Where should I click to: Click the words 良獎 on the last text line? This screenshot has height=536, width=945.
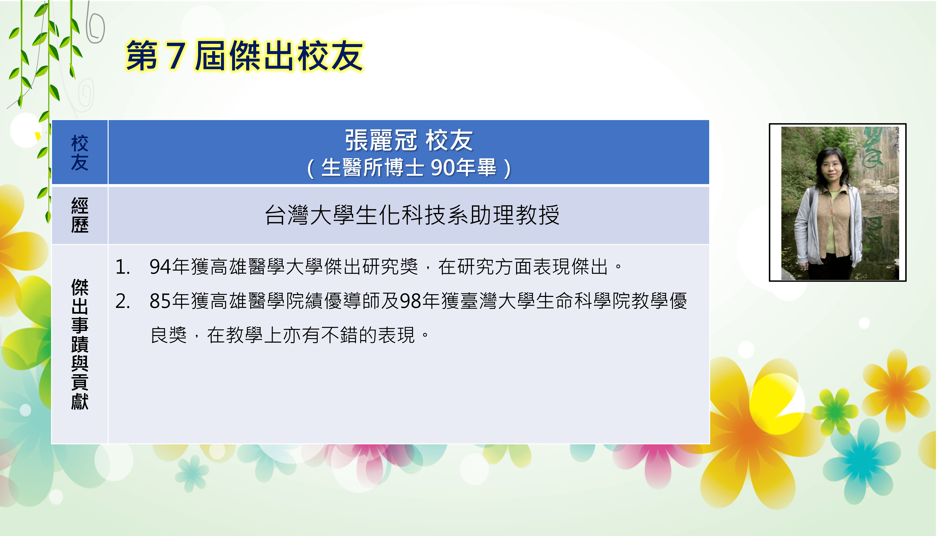(x=169, y=335)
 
